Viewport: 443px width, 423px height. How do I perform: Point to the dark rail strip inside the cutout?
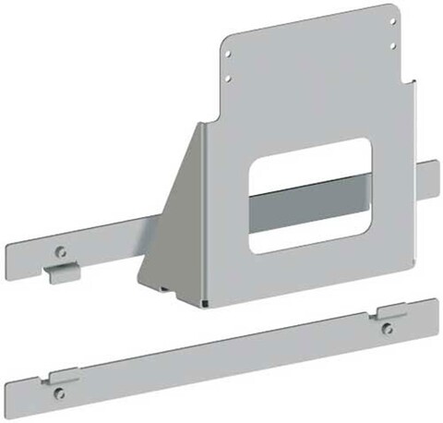pyautogui.click(x=308, y=205)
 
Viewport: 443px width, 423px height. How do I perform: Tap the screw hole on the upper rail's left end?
pyautogui.click(x=61, y=250)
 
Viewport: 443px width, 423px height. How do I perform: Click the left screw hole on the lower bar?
pyautogui.click(x=60, y=393)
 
